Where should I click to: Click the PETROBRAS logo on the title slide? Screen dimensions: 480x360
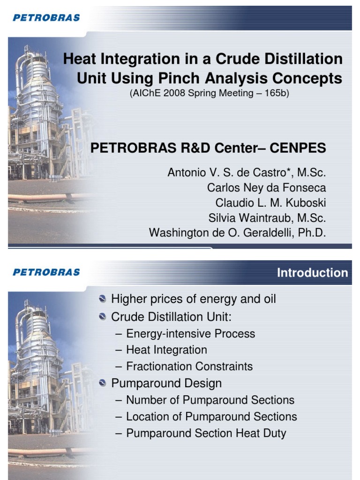(46, 18)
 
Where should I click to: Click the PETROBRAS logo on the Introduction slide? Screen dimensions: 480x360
(46, 272)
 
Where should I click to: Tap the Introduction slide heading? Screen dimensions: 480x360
(312, 273)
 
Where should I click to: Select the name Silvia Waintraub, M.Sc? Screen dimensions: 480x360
(267, 218)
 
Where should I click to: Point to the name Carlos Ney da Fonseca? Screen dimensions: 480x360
(266, 188)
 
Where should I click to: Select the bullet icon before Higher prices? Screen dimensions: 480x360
(103, 299)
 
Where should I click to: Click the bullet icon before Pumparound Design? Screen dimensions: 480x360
(103, 383)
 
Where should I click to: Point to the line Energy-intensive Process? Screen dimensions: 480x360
(190, 334)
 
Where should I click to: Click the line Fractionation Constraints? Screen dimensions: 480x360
(189, 367)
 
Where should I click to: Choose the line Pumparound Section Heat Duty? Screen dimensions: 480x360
(206, 433)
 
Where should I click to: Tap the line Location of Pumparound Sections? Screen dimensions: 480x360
(211, 416)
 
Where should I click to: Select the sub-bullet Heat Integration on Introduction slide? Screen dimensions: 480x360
(166, 350)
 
